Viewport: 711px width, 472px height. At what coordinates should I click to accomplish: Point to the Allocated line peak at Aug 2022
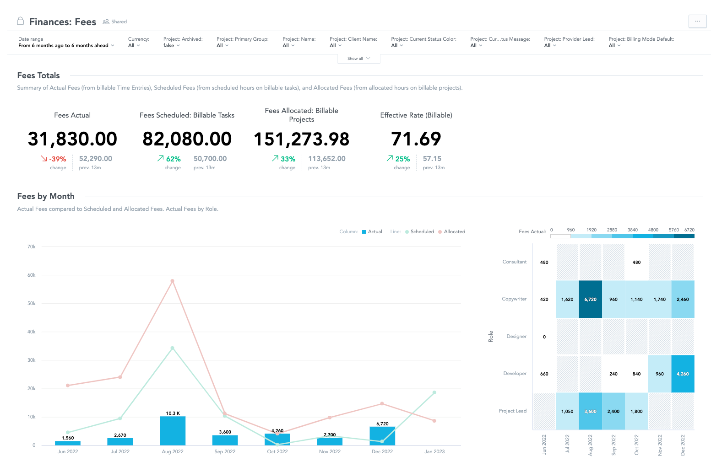pyautogui.click(x=172, y=281)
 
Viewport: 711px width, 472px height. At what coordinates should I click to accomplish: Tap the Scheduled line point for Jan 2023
pyautogui.click(x=434, y=392)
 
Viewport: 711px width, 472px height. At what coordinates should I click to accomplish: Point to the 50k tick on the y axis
pyautogui.click(x=32, y=304)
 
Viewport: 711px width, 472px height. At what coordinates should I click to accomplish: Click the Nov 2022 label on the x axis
pyautogui.click(x=330, y=451)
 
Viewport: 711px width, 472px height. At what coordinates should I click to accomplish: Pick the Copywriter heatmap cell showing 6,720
pyautogui.click(x=590, y=300)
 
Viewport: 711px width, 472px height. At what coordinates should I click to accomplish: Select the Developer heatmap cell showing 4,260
pyautogui.click(x=683, y=374)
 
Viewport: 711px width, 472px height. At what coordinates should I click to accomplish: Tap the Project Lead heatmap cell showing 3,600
pyautogui.click(x=590, y=412)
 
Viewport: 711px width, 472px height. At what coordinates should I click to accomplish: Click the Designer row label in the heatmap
pyautogui.click(x=516, y=337)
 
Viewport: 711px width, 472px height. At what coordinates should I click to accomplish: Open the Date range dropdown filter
pyautogui.click(x=66, y=46)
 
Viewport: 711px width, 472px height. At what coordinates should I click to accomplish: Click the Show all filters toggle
pyautogui.click(x=358, y=59)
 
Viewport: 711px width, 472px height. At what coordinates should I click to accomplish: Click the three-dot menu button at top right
pyautogui.click(x=697, y=21)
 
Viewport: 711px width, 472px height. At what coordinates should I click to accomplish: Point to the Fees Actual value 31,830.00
pyautogui.click(x=72, y=139)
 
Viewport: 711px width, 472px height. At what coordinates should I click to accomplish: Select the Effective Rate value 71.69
pyautogui.click(x=416, y=139)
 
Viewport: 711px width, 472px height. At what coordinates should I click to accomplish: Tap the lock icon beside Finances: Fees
pyautogui.click(x=20, y=21)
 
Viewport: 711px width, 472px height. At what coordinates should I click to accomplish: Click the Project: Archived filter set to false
pyautogui.click(x=171, y=46)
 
